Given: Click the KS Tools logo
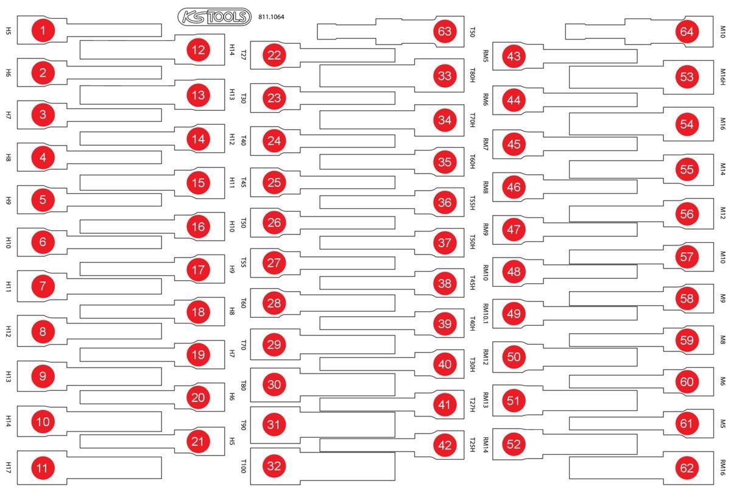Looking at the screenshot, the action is [214, 17].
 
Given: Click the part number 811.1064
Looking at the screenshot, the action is [271, 17].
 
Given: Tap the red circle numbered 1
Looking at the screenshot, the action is [43, 30].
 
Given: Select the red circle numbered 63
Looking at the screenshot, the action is [445, 31].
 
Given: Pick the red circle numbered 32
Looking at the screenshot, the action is [274, 466].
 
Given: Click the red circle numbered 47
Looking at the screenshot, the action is [514, 230].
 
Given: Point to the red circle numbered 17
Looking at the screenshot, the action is [199, 270].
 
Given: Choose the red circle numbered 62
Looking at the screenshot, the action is [687, 468].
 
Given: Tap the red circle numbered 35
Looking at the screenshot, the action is [445, 162].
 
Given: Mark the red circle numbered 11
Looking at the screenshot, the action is [43, 468].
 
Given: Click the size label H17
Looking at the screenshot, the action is [9, 468].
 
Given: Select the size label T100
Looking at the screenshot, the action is [243, 466].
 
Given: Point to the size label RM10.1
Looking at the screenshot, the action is [486, 314].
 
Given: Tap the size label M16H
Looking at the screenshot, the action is [723, 77].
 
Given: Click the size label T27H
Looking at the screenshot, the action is [472, 405].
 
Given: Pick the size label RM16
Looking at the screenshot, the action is [723, 468].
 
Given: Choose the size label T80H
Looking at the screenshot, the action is [472, 76].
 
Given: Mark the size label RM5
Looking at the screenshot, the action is [486, 56].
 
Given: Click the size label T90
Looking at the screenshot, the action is [243, 424].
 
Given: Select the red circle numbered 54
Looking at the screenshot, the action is [687, 124].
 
